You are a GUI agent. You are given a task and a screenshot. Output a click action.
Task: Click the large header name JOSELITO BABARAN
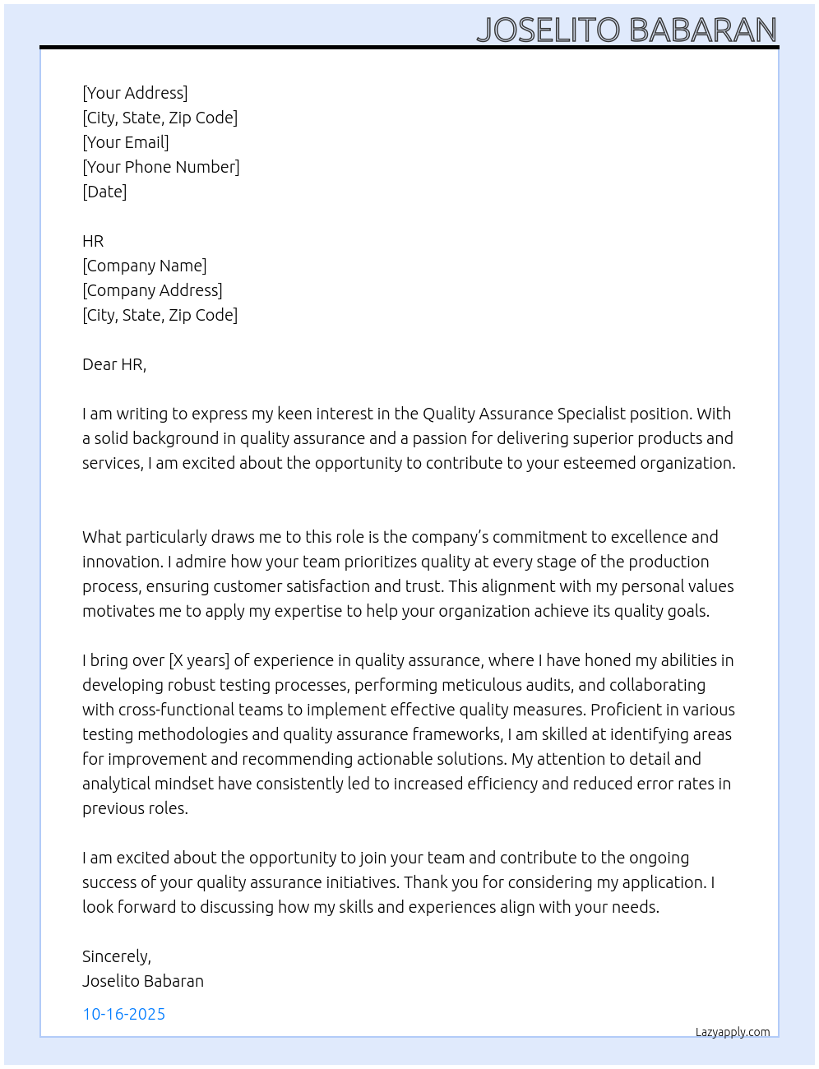click(x=627, y=30)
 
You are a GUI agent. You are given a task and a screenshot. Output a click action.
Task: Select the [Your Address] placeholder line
click(x=135, y=93)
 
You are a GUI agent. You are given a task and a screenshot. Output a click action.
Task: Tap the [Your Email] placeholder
click(x=126, y=142)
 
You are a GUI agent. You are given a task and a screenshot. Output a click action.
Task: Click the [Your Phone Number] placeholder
click(x=161, y=167)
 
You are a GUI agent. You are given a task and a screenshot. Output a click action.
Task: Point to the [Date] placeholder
click(x=104, y=192)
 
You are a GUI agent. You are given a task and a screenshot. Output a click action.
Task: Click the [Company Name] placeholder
click(x=145, y=266)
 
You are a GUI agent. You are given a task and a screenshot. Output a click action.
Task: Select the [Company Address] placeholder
click(x=152, y=290)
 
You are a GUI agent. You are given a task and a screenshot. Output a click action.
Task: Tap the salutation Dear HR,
click(x=114, y=364)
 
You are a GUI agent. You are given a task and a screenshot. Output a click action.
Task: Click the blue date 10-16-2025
click(x=124, y=1014)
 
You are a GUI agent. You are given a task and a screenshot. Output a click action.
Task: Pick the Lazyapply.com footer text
click(x=733, y=1032)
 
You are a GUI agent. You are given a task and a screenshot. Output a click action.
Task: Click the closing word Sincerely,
click(x=117, y=956)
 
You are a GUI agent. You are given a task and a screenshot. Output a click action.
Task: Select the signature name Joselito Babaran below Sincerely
click(x=143, y=981)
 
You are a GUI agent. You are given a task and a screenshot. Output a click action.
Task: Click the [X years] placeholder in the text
click(x=198, y=660)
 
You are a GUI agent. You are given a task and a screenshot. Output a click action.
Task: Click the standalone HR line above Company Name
click(x=93, y=241)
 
